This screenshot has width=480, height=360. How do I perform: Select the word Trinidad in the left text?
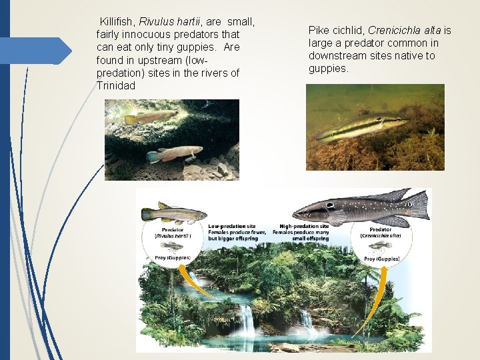pos(115,85)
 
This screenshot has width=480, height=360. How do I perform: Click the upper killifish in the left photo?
pos(150,117)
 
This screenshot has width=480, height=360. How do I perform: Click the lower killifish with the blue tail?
pos(175,154)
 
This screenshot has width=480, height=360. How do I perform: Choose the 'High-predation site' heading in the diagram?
pos(304,226)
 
